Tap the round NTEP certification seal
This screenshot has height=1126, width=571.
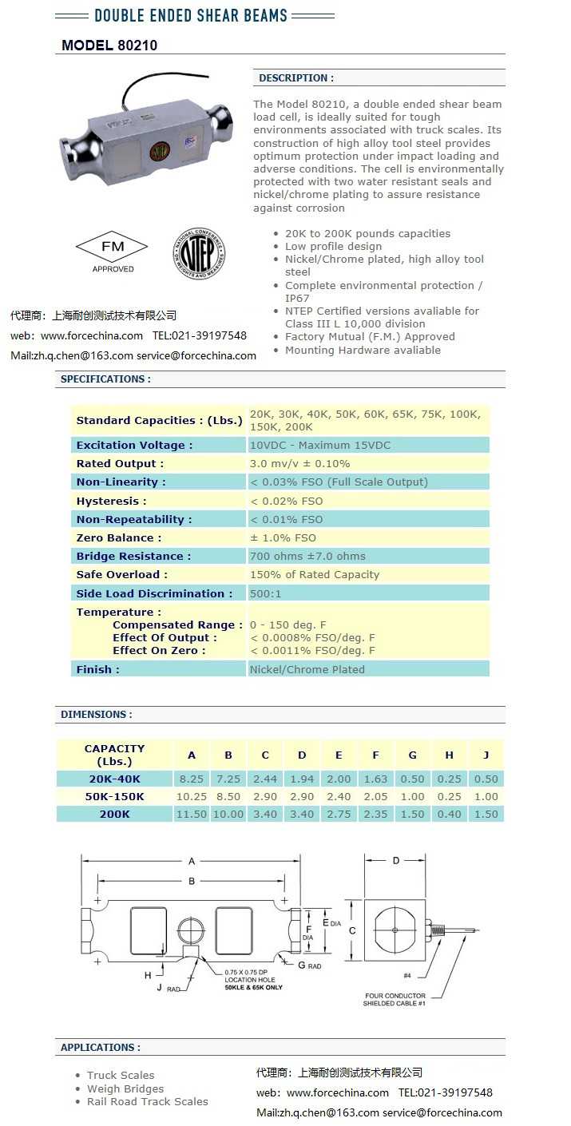[199, 254]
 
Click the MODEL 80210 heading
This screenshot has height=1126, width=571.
[109, 46]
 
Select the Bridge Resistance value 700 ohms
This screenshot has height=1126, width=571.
[307, 556]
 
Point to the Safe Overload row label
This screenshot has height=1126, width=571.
[122, 574]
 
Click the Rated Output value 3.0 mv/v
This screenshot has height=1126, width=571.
[299, 463]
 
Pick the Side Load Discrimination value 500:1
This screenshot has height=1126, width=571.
[265, 593]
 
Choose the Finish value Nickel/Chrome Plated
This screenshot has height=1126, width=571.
[307, 669]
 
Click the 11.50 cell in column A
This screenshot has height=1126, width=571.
[192, 814]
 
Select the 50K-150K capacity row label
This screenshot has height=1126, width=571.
[114, 796]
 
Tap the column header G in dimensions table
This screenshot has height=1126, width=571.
[412, 755]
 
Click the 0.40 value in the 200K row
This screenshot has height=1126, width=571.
[449, 814]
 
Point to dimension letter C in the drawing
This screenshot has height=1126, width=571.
[352, 930]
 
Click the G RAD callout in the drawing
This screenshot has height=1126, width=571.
[309, 965]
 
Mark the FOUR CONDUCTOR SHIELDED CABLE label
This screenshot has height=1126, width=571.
[395, 999]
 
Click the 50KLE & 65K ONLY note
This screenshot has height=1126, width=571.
[253, 987]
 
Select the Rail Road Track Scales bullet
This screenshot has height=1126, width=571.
[147, 1101]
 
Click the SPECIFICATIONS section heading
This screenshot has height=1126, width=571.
[105, 379]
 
